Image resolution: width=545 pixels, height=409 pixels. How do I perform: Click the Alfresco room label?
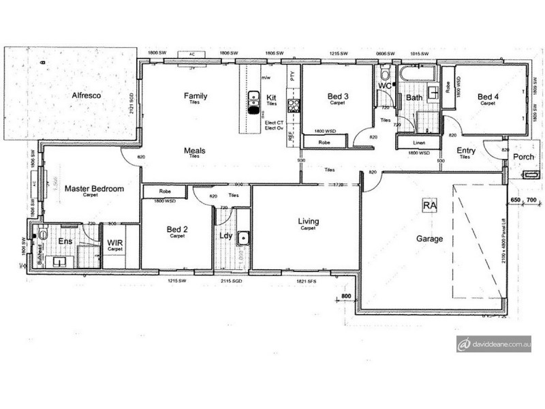point(87,97)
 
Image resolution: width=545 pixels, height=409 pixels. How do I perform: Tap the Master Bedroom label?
point(94,189)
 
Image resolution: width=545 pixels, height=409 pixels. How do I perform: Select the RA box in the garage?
point(429,205)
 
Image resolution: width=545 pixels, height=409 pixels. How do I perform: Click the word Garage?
point(430,239)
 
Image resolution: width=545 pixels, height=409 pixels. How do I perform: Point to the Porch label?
point(524,157)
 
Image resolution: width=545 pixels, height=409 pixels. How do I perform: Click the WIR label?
point(114,242)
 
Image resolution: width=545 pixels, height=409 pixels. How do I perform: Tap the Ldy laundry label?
point(226,236)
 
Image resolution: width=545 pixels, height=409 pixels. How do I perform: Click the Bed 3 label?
point(338,97)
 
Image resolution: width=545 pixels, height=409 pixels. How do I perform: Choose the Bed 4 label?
point(488,97)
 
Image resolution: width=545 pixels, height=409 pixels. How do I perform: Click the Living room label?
point(309,222)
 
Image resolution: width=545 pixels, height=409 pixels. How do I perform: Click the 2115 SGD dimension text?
point(232,280)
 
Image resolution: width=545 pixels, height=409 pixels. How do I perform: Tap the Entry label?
point(467,151)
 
